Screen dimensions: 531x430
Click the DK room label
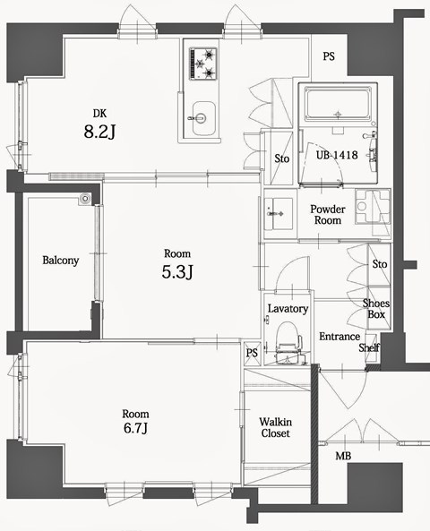100,112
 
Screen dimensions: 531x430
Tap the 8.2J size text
100,133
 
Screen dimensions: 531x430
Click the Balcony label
61,261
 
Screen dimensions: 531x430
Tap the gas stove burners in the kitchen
203,63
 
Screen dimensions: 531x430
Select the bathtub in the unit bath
338,106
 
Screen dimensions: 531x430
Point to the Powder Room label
328,215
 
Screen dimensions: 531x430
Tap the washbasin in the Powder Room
279,214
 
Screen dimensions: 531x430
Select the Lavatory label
288,309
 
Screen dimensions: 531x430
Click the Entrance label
339,337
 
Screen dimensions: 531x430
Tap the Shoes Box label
375,309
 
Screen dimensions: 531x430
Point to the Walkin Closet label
274,427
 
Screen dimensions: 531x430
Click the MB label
343,457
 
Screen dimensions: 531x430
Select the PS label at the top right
329,56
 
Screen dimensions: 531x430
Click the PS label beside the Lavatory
252,353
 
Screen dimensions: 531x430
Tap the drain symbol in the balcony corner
85,199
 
